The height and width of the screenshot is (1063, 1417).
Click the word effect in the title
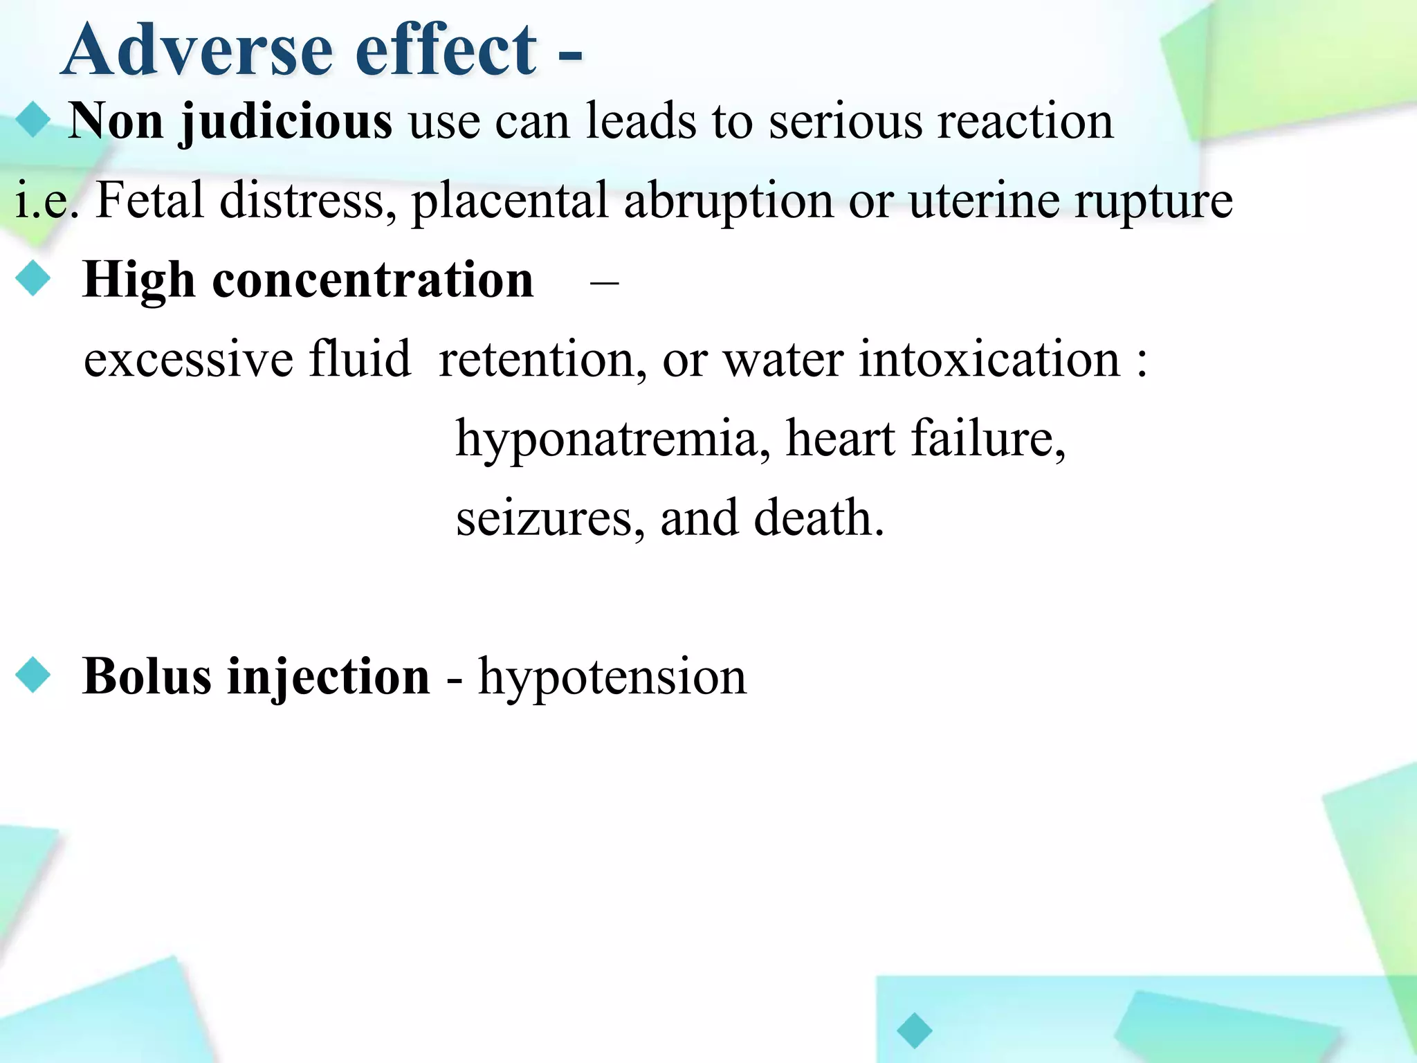click(446, 50)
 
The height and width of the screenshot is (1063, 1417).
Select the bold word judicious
click(286, 122)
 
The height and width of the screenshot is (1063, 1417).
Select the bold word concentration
click(373, 280)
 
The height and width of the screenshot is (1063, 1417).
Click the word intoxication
click(989, 360)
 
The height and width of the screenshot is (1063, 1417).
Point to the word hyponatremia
click(607, 440)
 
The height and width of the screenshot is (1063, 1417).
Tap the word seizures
click(543, 518)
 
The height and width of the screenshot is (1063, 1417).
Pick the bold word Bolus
click(147, 676)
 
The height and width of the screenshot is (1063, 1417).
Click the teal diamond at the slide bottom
click(914, 1030)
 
